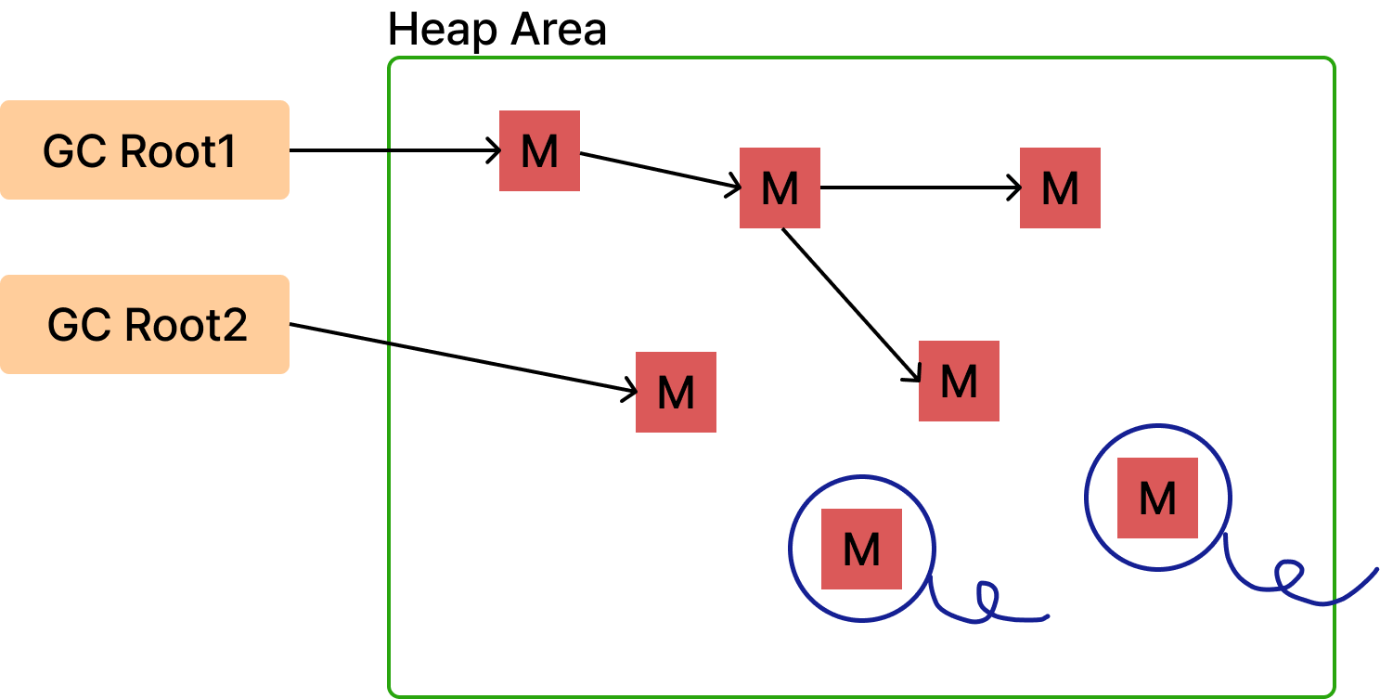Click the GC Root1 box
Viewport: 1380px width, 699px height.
144,149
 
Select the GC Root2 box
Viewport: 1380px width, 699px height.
144,324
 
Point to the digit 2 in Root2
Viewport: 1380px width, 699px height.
235,326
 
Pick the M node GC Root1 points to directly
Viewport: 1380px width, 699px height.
539,151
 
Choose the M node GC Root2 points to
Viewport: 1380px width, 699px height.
676,392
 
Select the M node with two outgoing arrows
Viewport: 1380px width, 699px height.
780,188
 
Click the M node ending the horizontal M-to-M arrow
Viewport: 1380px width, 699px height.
1060,188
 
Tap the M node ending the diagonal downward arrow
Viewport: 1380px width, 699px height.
959,381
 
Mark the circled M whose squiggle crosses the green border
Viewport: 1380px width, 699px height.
1157,498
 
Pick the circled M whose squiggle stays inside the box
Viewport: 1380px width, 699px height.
861,549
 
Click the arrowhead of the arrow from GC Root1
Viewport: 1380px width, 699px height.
496,150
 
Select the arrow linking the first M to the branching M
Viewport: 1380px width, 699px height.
659,171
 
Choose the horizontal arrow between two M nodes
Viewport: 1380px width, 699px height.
919,188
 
